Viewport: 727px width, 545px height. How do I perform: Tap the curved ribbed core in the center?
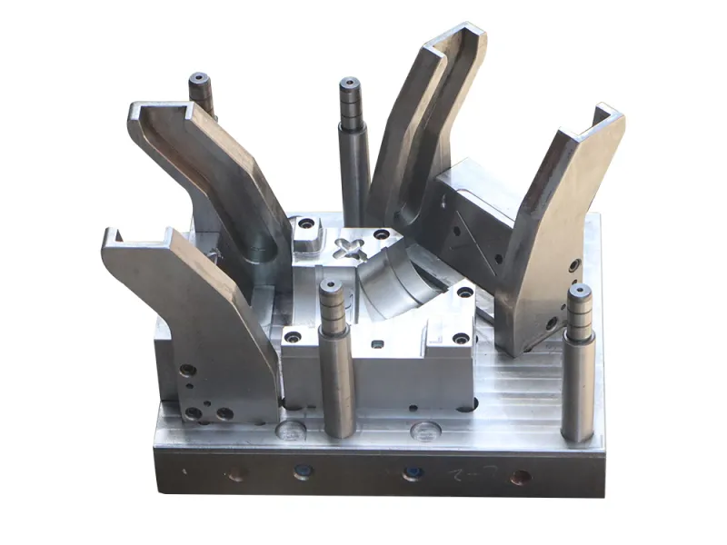pyautogui.click(x=400, y=277)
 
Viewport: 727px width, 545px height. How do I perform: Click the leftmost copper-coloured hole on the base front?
pyautogui.click(x=235, y=473)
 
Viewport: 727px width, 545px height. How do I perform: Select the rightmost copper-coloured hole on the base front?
pyautogui.click(x=521, y=476)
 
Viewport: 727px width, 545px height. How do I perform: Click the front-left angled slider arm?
pyautogui.click(x=195, y=318)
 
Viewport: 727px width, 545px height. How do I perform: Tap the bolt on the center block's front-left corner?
pyautogui.click(x=294, y=336)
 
